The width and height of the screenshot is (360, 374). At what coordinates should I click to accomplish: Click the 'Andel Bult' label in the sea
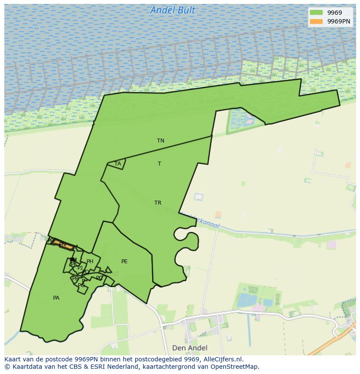(x=173, y=10)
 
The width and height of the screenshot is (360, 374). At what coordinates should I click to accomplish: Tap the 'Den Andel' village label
(x=190, y=348)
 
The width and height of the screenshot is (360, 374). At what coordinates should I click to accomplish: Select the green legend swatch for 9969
(x=316, y=13)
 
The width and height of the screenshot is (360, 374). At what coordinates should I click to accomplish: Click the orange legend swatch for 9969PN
(x=316, y=21)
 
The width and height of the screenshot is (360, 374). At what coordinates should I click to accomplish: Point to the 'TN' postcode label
(x=160, y=141)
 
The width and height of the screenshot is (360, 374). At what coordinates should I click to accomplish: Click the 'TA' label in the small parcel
(x=117, y=164)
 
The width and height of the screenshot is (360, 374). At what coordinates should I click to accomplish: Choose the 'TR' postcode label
(x=158, y=203)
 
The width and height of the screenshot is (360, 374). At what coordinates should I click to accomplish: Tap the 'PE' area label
(x=124, y=261)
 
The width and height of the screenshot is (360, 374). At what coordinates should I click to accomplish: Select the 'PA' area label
(x=56, y=298)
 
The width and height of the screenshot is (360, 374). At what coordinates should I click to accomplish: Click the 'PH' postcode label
(x=90, y=261)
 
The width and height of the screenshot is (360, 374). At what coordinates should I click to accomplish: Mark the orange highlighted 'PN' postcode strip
(x=63, y=245)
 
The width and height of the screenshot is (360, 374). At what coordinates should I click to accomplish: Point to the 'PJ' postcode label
(x=80, y=268)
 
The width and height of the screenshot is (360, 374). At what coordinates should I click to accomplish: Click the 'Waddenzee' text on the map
(x=216, y=100)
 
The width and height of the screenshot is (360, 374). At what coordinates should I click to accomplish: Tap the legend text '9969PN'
(x=339, y=21)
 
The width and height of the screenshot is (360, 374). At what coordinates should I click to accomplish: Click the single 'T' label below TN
(x=160, y=164)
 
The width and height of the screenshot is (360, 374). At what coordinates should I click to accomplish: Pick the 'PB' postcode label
(x=75, y=278)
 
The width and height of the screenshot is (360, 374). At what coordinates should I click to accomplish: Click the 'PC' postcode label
(x=100, y=278)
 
